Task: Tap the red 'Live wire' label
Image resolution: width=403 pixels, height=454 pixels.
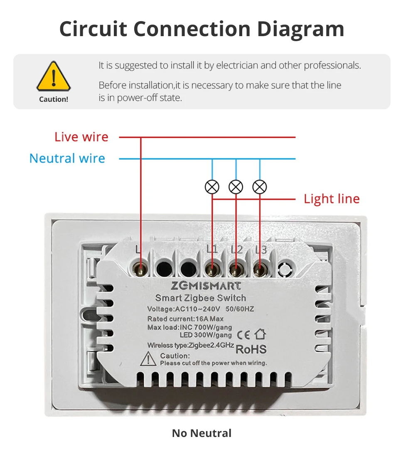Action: click(x=81, y=137)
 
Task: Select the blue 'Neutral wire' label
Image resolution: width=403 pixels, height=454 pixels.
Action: click(x=67, y=158)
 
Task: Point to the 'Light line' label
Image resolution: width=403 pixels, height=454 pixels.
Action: click(x=332, y=199)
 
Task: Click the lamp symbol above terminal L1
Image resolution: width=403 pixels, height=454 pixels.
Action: click(x=212, y=187)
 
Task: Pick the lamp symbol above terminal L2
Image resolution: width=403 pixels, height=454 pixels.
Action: click(x=236, y=187)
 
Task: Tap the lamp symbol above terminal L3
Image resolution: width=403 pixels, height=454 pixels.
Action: click(x=260, y=187)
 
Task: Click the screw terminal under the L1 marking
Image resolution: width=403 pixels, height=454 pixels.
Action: click(x=212, y=270)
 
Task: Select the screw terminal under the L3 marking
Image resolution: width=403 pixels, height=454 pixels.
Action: click(x=260, y=270)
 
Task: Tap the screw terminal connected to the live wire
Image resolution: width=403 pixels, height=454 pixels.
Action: click(x=141, y=270)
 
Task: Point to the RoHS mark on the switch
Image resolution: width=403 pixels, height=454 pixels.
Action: click(x=251, y=349)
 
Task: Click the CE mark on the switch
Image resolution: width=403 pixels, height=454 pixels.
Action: click(x=243, y=334)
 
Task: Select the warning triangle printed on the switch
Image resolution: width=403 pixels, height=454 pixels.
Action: click(x=148, y=358)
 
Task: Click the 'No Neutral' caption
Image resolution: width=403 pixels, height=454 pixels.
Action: click(x=201, y=433)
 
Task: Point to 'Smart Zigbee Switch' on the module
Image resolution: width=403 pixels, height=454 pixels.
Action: click(x=200, y=298)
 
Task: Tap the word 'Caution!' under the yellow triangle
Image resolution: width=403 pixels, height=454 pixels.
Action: click(x=54, y=99)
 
